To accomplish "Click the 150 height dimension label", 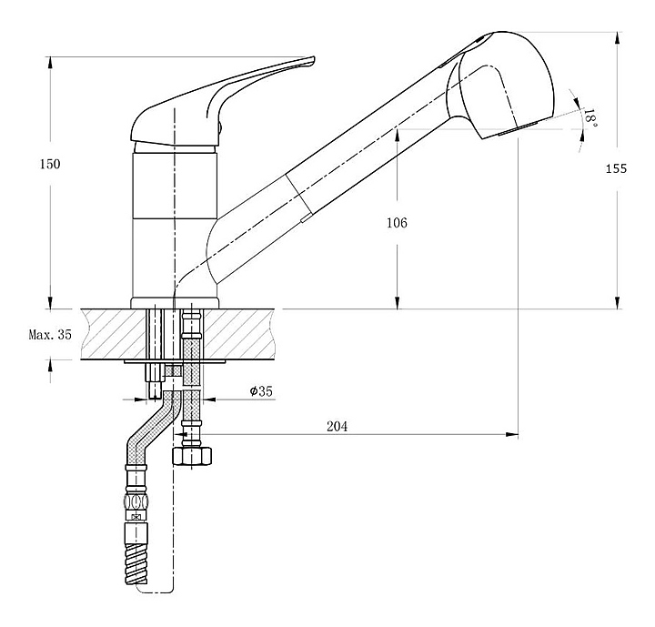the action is tap(50, 165).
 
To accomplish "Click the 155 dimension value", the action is tap(616, 169).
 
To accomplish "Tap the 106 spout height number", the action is tap(397, 223).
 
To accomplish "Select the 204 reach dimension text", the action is tap(337, 427).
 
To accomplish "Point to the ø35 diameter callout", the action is tap(261, 391).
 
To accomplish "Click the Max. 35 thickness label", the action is tap(50, 335).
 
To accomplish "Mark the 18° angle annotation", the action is tap(590, 117).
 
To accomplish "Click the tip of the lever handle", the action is tap(312, 58).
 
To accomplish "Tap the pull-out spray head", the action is tap(501, 84).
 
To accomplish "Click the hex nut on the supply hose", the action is tap(192, 456).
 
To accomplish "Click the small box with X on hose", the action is tap(136, 517).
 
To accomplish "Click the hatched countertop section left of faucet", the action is tap(113, 334).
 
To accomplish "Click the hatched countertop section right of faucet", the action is tap(238, 334).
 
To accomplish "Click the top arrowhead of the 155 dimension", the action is tap(618, 38).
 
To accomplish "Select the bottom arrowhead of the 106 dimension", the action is tap(397, 303).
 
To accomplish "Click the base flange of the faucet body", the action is tap(175, 303).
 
